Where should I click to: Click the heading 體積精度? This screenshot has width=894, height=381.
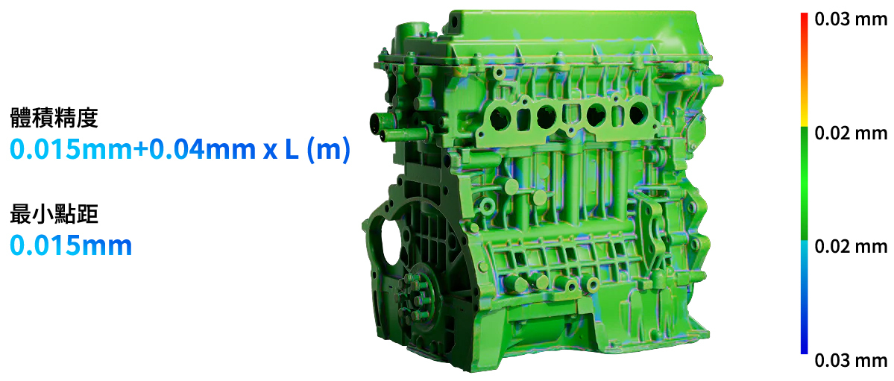(x=54, y=119)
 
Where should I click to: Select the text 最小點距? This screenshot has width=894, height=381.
(x=54, y=215)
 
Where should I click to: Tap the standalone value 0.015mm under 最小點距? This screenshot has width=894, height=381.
(x=72, y=245)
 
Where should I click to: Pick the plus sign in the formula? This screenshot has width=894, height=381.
(x=139, y=151)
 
